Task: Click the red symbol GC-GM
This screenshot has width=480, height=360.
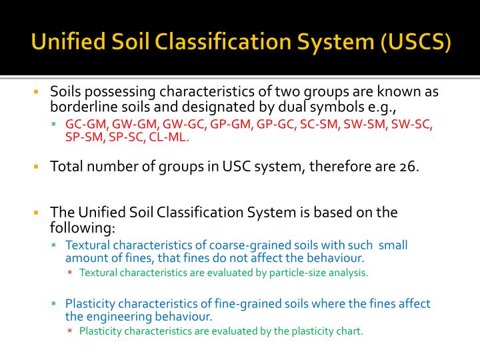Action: click(x=86, y=125)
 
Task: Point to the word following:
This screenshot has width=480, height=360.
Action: click(x=83, y=227)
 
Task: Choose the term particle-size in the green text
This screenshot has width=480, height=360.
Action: click(x=283, y=272)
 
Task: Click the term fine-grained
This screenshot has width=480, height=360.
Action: click(x=237, y=303)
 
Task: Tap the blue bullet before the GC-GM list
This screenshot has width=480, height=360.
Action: click(x=55, y=125)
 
